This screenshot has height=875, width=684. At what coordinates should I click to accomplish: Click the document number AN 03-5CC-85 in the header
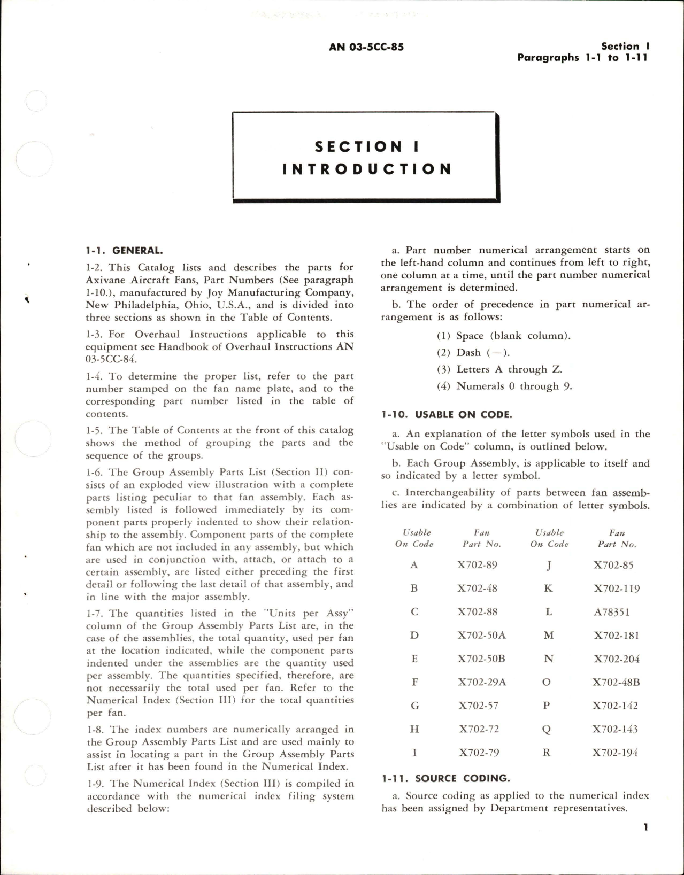(x=366, y=47)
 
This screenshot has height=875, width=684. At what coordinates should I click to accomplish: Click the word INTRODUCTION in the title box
(x=367, y=169)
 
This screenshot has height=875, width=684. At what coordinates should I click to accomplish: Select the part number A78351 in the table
(x=612, y=612)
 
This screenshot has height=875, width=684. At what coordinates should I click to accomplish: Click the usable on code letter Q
(x=547, y=729)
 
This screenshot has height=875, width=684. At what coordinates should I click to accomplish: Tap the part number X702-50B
(x=481, y=659)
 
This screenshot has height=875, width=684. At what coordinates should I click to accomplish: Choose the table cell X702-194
(x=615, y=753)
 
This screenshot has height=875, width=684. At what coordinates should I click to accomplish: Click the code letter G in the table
(x=414, y=706)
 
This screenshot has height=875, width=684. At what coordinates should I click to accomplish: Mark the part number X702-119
(x=616, y=589)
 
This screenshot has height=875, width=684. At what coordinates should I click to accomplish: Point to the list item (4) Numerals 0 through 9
(x=504, y=386)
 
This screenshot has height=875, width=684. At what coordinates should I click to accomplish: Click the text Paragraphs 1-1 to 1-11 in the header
(x=582, y=58)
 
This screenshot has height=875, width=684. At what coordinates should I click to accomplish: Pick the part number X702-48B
(x=616, y=683)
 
